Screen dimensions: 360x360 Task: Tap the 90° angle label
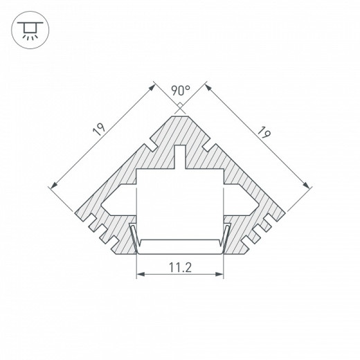[180, 90]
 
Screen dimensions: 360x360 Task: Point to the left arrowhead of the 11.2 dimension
[138, 275]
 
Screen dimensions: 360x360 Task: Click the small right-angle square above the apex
[180, 106]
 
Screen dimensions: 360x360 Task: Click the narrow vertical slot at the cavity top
[180, 156]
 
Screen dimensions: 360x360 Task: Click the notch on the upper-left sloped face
[147, 147]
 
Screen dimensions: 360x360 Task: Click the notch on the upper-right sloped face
[213, 147]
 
